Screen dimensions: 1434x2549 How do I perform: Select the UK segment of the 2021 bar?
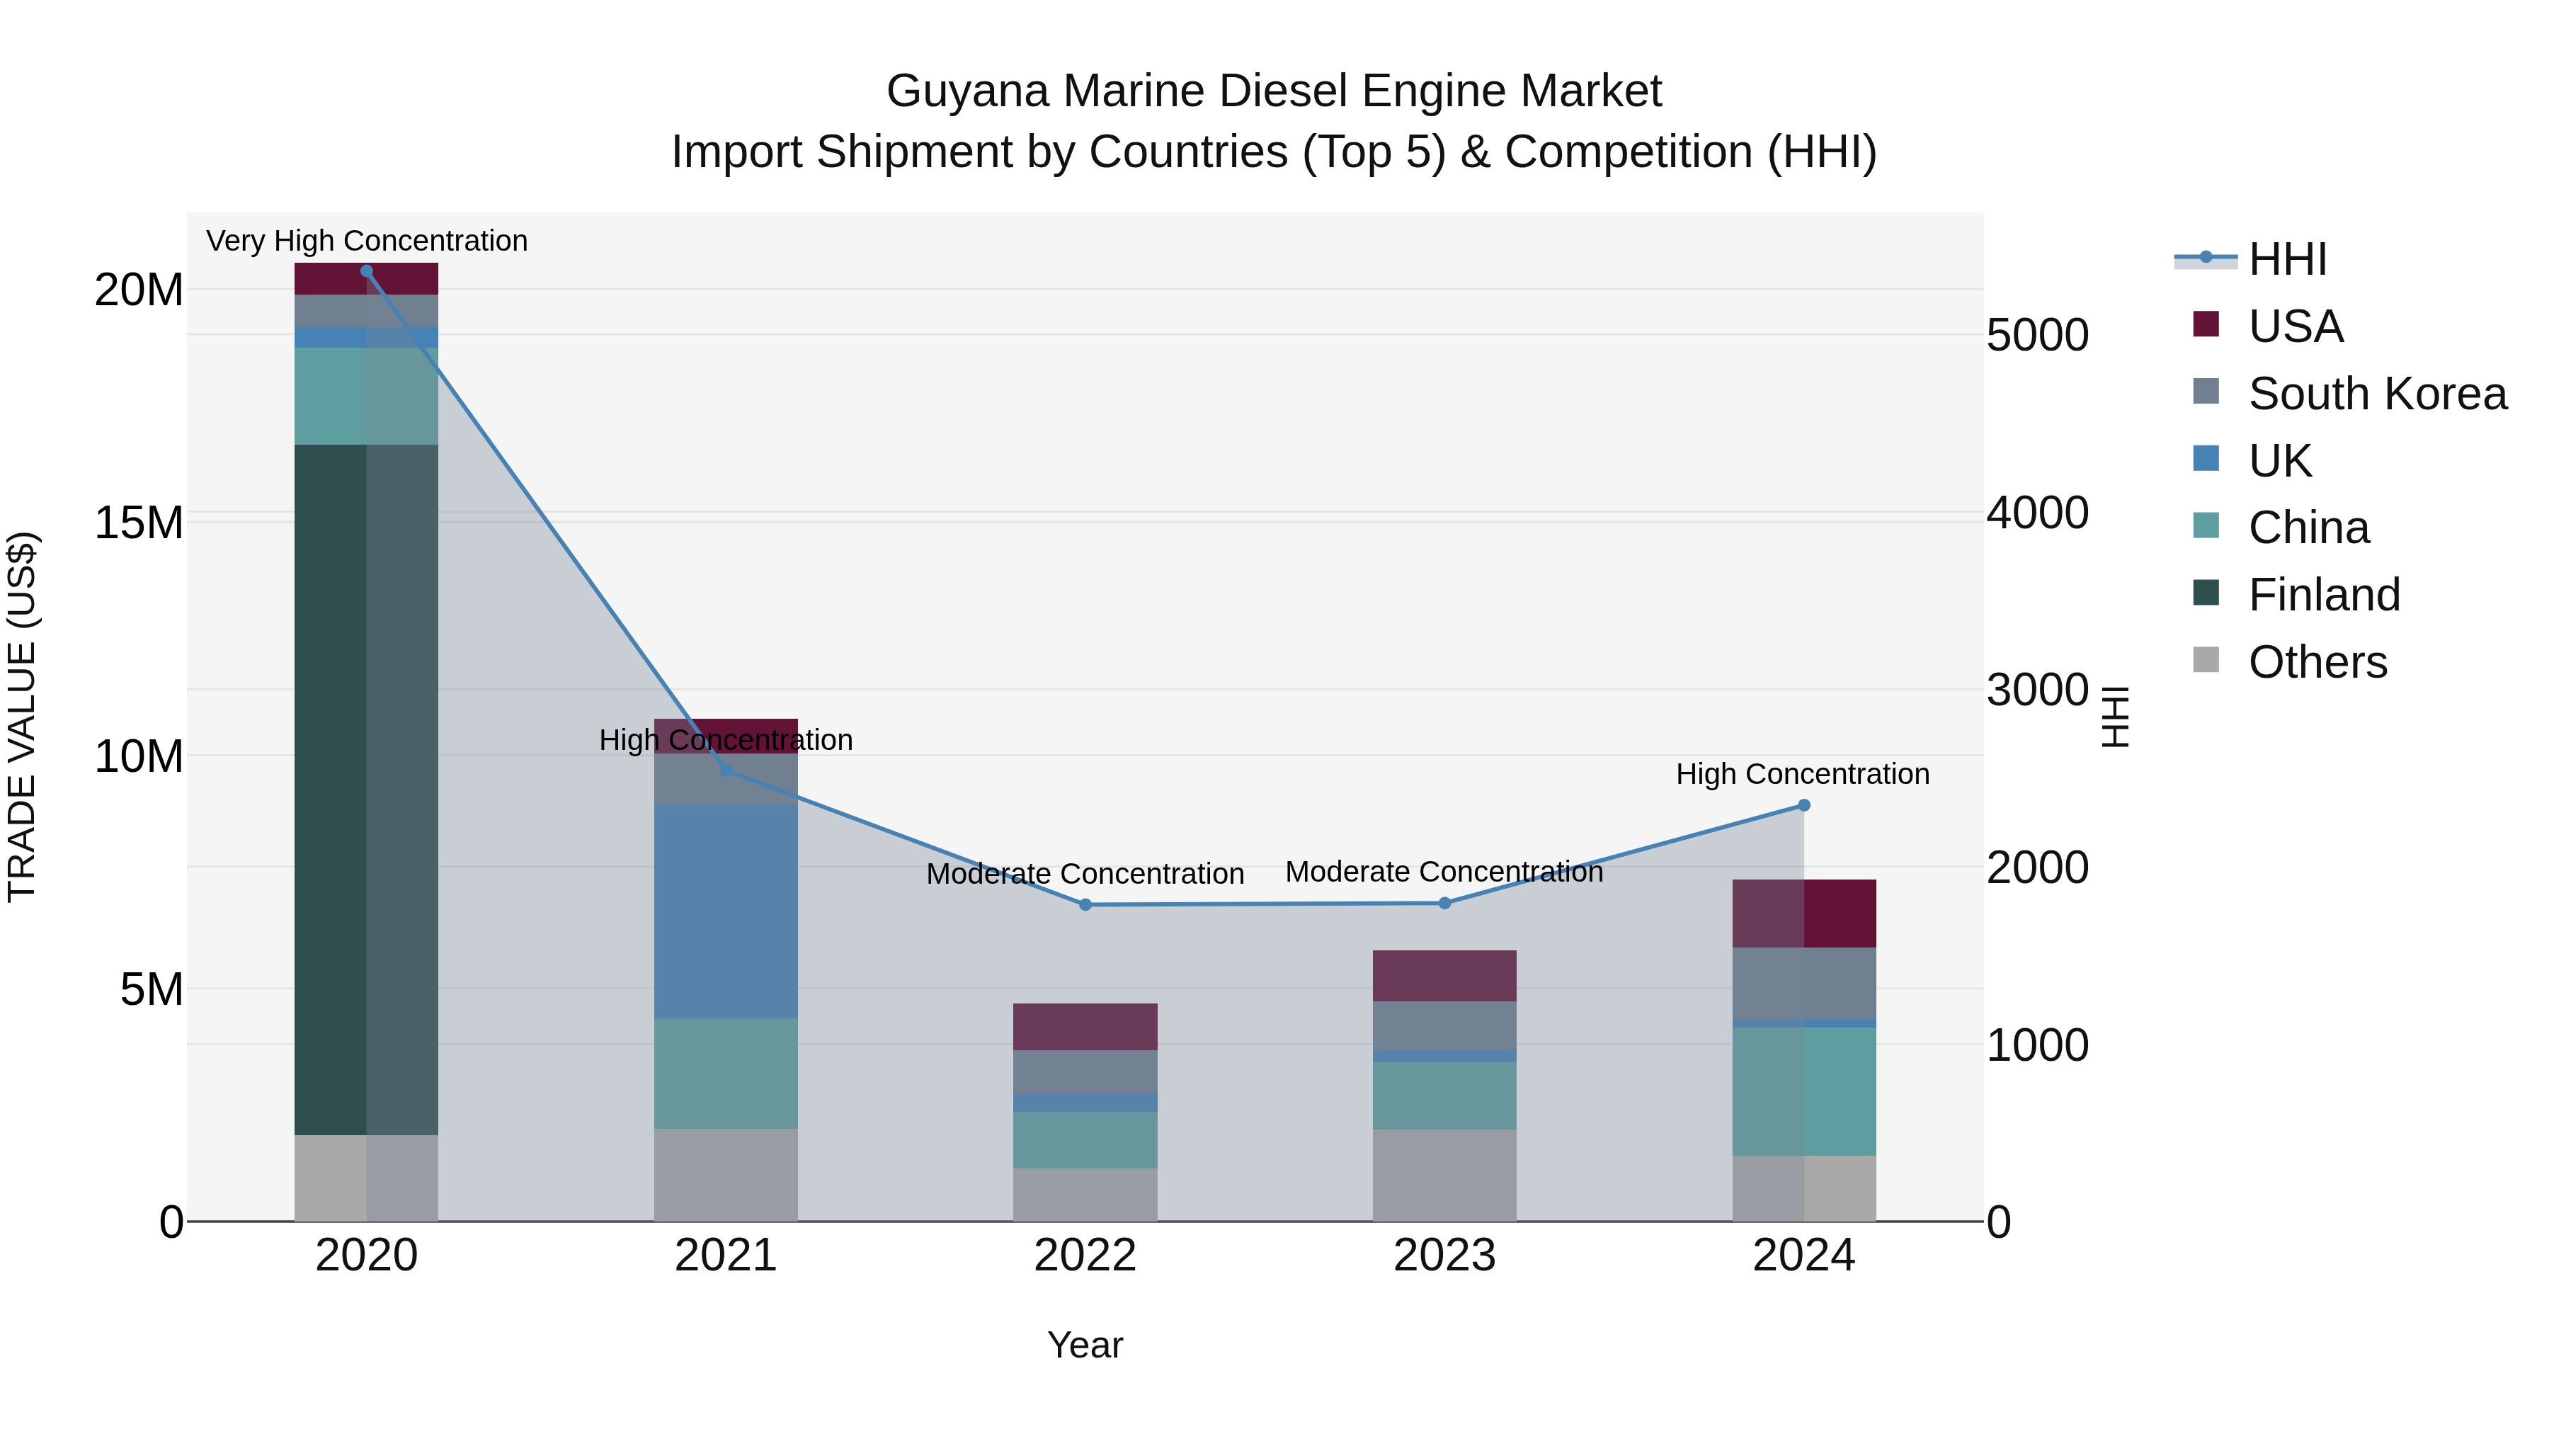[x=725, y=911]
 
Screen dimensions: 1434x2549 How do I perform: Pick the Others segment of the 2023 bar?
[x=1444, y=1175]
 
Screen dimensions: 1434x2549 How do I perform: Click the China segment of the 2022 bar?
[x=1085, y=1139]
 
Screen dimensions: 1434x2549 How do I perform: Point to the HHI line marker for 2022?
[x=1085, y=904]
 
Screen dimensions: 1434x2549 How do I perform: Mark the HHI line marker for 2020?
[x=366, y=271]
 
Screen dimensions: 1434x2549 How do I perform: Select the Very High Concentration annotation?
[x=366, y=241]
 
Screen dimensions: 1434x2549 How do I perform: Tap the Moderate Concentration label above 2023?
[x=1444, y=872]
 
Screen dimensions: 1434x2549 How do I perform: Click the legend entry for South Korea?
[x=2377, y=394]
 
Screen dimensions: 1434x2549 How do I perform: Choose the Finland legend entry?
[x=2323, y=595]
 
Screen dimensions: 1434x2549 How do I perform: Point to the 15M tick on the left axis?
[x=139, y=523]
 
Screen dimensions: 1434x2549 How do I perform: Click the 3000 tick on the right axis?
[x=2037, y=690]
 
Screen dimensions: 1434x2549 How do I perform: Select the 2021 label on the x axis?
[x=725, y=1256]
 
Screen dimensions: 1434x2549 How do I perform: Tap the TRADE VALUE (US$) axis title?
[x=22, y=717]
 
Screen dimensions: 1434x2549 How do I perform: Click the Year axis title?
[x=1085, y=1345]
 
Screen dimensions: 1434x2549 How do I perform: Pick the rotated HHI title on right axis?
[x=2114, y=717]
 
